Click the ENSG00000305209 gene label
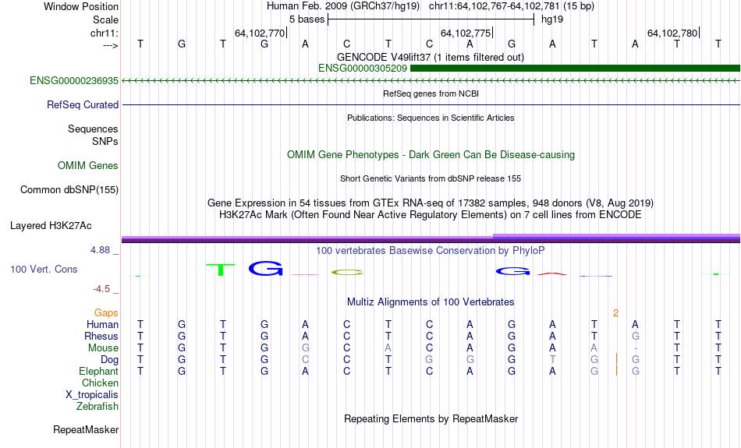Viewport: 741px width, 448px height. click(x=363, y=69)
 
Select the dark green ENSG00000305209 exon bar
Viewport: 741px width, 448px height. click(x=575, y=69)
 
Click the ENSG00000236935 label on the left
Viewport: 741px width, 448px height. click(x=74, y=81)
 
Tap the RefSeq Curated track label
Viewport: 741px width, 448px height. click(x=83, y=105)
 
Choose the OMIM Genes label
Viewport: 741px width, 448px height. click(x=88, y=166)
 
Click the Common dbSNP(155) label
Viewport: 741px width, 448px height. click(x=69, y=190)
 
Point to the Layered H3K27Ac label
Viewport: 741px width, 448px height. click(x=51, y=226)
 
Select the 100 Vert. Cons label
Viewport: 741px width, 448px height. click(x=44, y=269)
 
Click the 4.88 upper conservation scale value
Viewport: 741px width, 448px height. click(x=100, y=250)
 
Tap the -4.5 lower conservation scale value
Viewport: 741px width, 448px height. click(x=101, y=289)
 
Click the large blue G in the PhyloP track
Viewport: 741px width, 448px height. click(x=265, y=269)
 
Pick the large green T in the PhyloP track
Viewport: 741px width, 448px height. click(x=220, y=270)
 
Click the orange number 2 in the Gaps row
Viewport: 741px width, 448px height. click(x=615, y=313)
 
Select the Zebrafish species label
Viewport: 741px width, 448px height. click(x=97, y=407)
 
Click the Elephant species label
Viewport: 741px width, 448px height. click(x=99, y=372)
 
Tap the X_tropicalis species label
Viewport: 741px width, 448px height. click(x=92, y=395)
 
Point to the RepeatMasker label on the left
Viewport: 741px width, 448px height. click(x=86, y=429)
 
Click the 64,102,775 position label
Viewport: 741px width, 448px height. click(x=466, y=33)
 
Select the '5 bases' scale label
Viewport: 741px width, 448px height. click(x=307, y=19)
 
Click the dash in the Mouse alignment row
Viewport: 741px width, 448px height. click(x=636, y=349)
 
